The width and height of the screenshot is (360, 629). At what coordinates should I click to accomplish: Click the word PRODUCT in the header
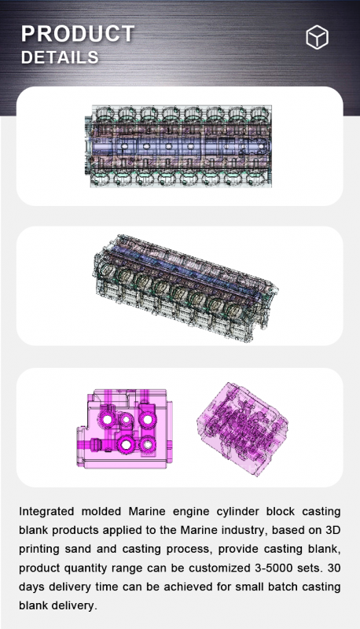78,34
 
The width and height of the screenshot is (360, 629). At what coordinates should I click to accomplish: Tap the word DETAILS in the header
60,57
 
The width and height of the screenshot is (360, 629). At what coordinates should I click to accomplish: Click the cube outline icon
317,37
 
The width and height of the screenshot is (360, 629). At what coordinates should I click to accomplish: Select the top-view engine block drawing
178,146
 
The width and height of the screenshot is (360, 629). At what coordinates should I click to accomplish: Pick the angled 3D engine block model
186,288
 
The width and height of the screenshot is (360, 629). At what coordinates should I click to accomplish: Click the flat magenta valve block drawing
124,429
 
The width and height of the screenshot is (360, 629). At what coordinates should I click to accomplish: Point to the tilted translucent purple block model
242,429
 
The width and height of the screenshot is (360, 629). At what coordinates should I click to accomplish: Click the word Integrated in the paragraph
46,512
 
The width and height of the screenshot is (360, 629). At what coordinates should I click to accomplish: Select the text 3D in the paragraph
332,530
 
